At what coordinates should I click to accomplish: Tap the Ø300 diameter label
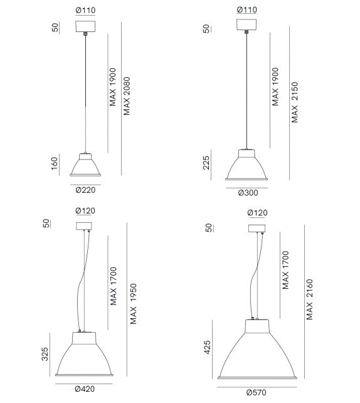point(248,193)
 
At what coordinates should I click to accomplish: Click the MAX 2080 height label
point(127,95)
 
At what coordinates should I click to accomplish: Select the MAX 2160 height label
point(309,299)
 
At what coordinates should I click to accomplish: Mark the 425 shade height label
point(208,348)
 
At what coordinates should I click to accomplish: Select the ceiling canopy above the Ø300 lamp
point(247,24)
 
